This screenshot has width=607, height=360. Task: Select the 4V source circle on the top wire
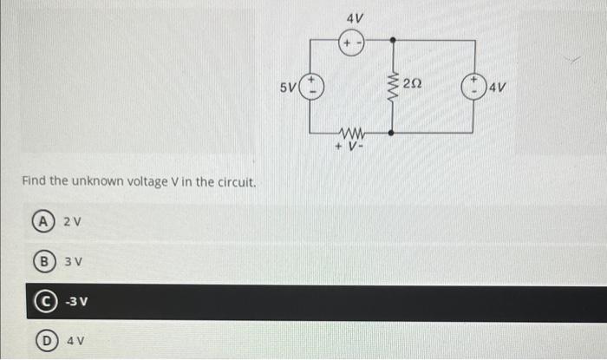pos(351,41)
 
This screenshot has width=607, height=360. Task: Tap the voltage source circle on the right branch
pos(473,86)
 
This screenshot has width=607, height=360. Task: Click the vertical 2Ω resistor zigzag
pos(392,87)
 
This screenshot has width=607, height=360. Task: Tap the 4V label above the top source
pos(354,17)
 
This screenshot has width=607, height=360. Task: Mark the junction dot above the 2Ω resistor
pos(393,41)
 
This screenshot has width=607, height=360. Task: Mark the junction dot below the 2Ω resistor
pos(393,134)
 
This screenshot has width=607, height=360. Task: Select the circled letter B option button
pos(40,261)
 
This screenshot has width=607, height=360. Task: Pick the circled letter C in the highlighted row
pos(40,302)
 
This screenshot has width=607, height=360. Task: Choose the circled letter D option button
pos(40,342)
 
